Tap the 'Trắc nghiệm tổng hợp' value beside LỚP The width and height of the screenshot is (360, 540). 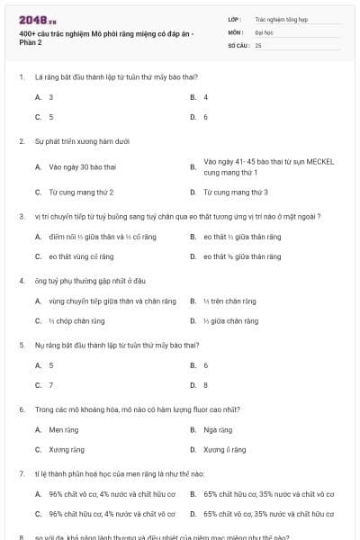tap(281, 18)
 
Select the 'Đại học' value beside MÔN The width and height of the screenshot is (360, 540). tap(263, 31)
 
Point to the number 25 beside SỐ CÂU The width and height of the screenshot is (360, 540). tap(258, 45)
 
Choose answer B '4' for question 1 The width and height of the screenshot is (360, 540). tap(206, 97)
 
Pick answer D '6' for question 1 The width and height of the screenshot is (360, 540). tap(206, 117)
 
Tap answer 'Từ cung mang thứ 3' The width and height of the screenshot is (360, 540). tap(235, 192)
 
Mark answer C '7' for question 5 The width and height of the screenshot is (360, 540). tap(50, 385)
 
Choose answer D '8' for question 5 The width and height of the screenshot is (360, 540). tap(206, 385)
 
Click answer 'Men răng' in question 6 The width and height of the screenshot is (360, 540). tap(64, 429)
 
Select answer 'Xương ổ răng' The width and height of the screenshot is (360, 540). tap(225, 449)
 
